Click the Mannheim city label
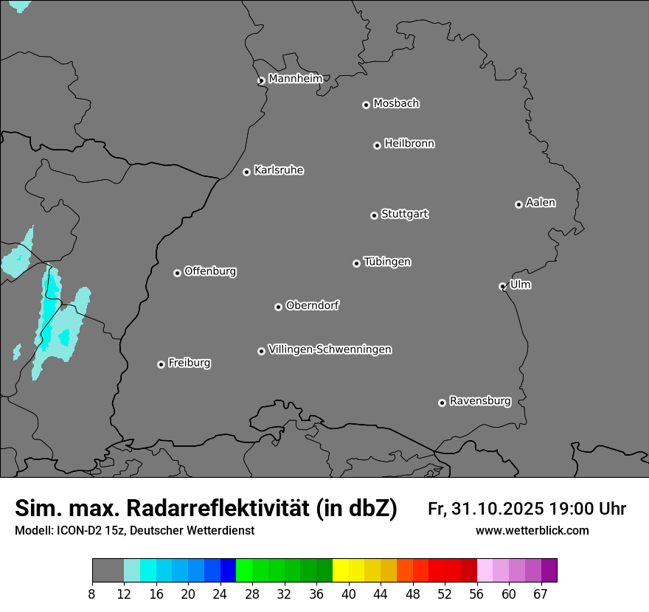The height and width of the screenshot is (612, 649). click(295, 78)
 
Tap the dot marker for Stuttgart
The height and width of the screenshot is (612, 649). click(374, 215)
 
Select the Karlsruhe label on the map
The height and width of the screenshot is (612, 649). click(279, 170)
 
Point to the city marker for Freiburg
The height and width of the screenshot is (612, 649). click(161, 364)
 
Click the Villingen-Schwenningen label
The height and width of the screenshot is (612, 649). click(330, 350)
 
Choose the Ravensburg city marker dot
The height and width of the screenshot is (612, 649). click(442, 403)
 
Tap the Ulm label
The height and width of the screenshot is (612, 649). click(520, 285)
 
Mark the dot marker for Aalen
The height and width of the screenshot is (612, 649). click(518, 204)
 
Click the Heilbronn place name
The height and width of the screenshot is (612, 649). click(409, 143)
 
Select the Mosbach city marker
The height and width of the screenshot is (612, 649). click(366, 105)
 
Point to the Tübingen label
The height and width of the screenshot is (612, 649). click(387, 262)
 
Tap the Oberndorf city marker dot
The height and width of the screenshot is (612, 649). click(278, 307)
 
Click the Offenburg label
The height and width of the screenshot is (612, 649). click(210, 271)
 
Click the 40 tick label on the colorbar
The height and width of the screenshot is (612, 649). click(349, 594)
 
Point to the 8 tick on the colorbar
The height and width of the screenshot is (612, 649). click(91, 594)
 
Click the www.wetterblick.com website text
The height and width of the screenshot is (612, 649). click(532, 531)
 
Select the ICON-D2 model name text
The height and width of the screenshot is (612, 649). click(74, 531)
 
